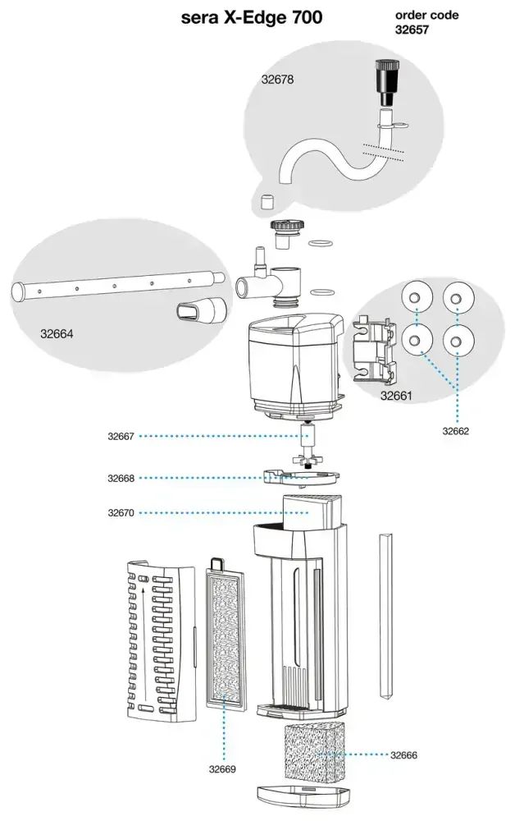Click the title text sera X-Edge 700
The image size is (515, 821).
click(x=252, y=18)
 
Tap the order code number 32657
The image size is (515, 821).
click(x=412, y=30)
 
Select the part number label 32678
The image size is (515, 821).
click(x=277, y=80)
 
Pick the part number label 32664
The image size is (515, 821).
click(x=57, y=333)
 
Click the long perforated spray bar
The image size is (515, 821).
click(x=118, y=286)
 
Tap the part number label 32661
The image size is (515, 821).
click(x=396, y=396)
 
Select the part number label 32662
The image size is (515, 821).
click(x=455, y=431)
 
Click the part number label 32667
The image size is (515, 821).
click(x=121, y=436)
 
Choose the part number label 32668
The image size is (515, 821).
click(x=121, y=478)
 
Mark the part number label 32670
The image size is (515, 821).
click(x=121, y=512)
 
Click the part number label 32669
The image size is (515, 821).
click(x=222, y=769)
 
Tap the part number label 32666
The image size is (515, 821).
click(x=403, y=755)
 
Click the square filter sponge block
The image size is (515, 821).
click(x=315, y=752)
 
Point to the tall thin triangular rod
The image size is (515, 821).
click(x=385, y=617)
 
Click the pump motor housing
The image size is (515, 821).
click(x=295, y=366)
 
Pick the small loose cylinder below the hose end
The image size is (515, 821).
click(x=267, y=200)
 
